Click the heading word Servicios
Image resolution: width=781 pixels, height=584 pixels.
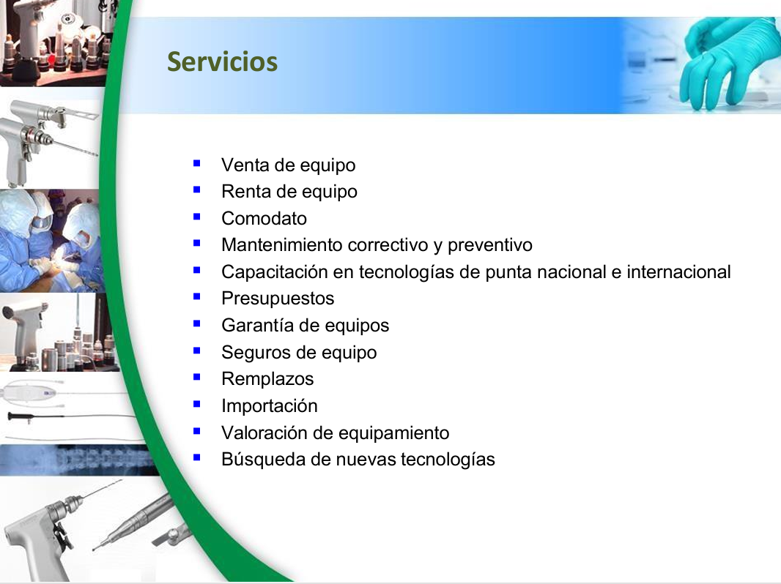(x=222, y=61)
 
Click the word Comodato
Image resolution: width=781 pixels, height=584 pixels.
(x=264, y=218)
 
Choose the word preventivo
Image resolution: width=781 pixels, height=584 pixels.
(x=489, y=245)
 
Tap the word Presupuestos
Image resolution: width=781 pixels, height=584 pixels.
(x=278, y=299)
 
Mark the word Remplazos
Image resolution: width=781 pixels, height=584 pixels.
(x=267, y=379)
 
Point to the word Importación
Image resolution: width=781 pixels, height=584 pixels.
(x=270, y=406)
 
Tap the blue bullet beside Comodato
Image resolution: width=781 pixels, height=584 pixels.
(x=197, y=217)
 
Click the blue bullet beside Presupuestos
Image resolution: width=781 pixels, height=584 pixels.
(x=197, y=296)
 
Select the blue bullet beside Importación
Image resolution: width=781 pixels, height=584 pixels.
(x=197, y=403)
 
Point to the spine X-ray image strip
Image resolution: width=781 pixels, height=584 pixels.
(x=80, y=460)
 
